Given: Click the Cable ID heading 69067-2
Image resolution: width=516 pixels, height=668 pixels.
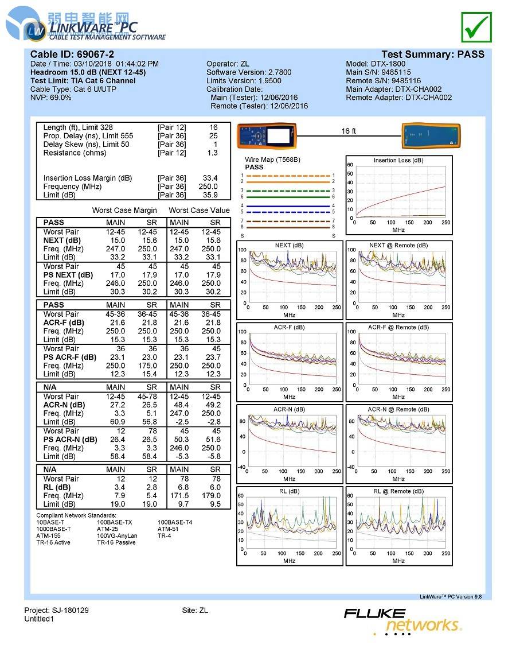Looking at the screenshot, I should point(72,55).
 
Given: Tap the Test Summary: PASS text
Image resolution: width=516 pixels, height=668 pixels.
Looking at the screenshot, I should point(433,55).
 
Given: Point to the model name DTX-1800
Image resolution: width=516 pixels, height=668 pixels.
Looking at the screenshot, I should point(389,64).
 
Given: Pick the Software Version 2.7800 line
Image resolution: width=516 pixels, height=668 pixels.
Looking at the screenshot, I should point(249,72).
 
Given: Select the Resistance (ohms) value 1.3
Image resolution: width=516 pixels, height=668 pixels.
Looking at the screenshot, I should point(212,153).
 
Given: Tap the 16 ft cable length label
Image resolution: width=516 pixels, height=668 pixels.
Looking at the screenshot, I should point(349,131).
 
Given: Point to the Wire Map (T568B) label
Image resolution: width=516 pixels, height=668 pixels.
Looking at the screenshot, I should point(272,160).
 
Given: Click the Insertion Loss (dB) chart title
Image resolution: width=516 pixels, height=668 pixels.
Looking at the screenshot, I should point(398,160).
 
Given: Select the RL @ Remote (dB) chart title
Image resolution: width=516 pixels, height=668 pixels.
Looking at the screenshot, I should point(398,491).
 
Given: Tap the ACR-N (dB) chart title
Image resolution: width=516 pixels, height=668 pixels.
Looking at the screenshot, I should point(289,409).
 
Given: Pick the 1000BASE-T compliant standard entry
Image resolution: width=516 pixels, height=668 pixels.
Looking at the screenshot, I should point(54,529).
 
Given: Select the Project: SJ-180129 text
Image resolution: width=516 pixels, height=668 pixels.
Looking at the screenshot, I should point(56,610).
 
